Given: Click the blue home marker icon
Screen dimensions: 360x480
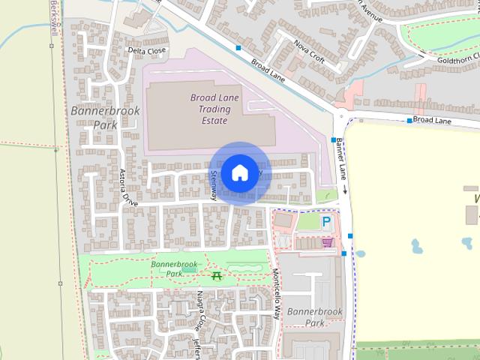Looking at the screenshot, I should [x=239, y=172].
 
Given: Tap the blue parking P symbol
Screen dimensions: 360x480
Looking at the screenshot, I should [x=327, y=222].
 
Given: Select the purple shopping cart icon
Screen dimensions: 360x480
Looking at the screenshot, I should [x=327, y=242].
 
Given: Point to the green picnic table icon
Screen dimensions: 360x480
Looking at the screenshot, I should [x=217, y=277].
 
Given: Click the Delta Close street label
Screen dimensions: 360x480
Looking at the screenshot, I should [x=146, y=51].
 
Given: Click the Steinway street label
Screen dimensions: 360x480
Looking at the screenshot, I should [x=213, y=184].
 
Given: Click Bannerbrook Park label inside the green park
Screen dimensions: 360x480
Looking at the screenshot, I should [x=173, y=268].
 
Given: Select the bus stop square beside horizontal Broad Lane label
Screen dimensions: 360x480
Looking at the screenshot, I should [x=409, y=121].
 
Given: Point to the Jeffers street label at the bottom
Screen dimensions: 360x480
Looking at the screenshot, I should [x=197, y=347].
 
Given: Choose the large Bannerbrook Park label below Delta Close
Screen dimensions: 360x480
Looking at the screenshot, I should [x=95, y=118].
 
